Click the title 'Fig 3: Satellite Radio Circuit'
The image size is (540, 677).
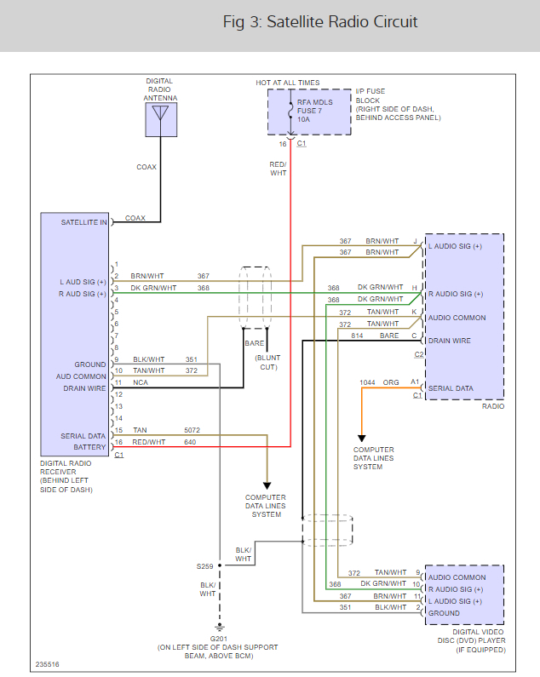tap(320, 22)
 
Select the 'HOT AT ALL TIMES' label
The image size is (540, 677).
tap(288, 83)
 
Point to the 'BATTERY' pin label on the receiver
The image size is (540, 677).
tap(89, 447)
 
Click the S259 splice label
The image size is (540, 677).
tap(205, 565)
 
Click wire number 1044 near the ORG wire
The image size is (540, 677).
tap(367, 382)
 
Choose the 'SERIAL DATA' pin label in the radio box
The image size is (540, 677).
tap(451, 387)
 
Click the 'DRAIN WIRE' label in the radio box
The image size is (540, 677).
tap(450, 341)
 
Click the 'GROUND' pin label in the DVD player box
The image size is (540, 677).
tap(445, 612)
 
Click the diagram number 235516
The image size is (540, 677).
tap(48, 664)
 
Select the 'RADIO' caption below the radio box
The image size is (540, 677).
tap(491, 406)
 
